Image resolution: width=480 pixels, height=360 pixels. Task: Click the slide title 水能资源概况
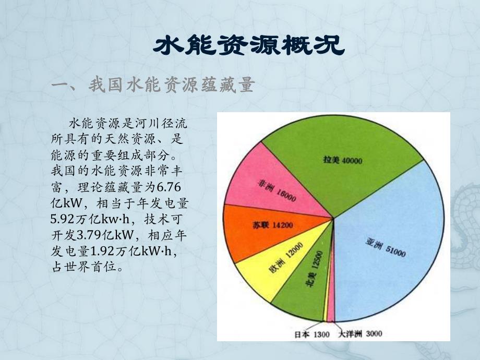(x=249, y=46)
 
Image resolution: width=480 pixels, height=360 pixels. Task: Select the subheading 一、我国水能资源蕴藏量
(x=153, y=86)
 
